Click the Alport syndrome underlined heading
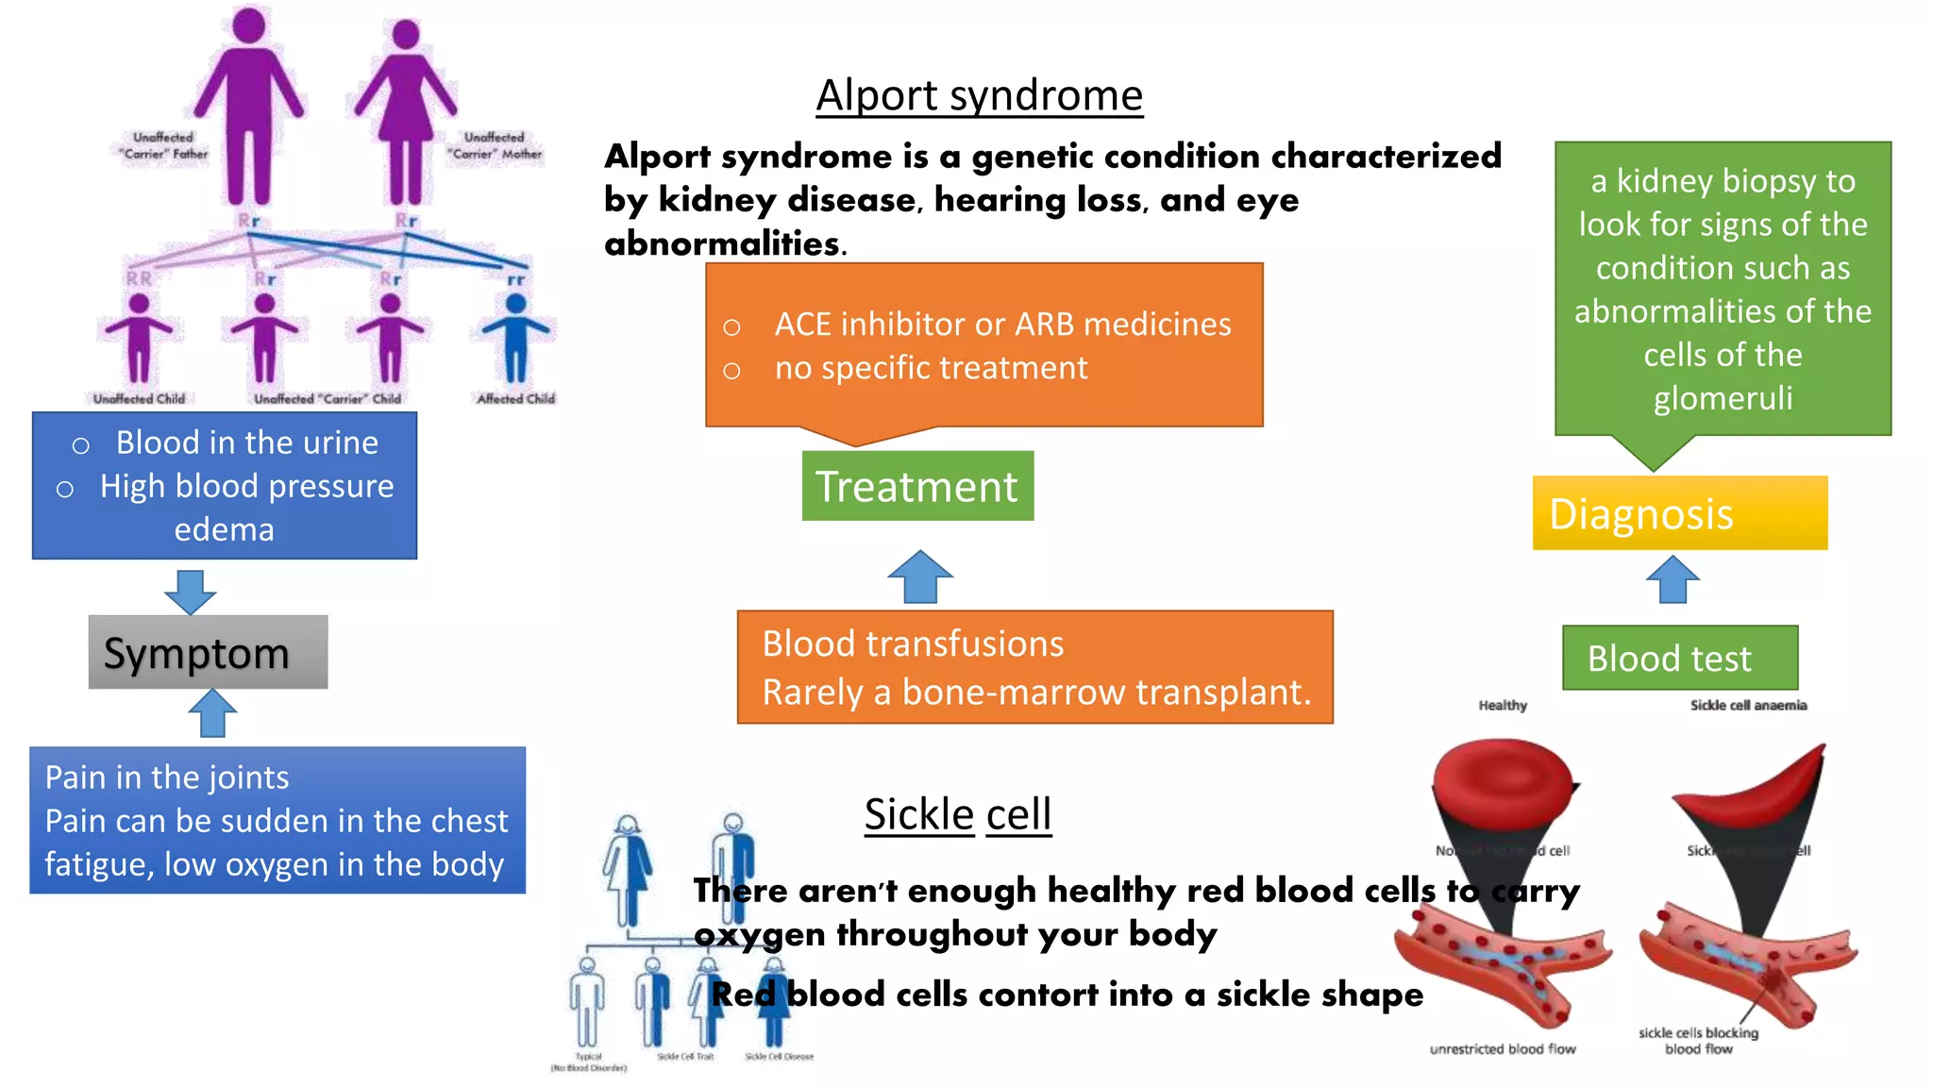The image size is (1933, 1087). point(979,96)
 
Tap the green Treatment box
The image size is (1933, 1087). point(917,486)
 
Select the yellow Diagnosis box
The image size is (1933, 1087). point(1679,513)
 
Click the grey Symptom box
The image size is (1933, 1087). point(208,653)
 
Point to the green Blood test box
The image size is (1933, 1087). point(1679,658)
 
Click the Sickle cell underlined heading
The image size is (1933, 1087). point(957,814)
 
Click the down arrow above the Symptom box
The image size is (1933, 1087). point(190,592)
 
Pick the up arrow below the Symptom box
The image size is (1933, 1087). point(212,712)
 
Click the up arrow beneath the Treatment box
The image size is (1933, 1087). point(920,577)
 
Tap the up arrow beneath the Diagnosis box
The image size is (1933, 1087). point(1672,579)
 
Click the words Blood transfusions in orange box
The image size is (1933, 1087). point(913,644)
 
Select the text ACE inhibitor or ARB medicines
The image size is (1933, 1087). point(1002,325)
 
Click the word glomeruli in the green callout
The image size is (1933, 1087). point(1723,398)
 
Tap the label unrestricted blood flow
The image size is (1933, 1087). point(1503,1049)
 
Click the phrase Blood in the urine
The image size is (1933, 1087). point(246,443)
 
